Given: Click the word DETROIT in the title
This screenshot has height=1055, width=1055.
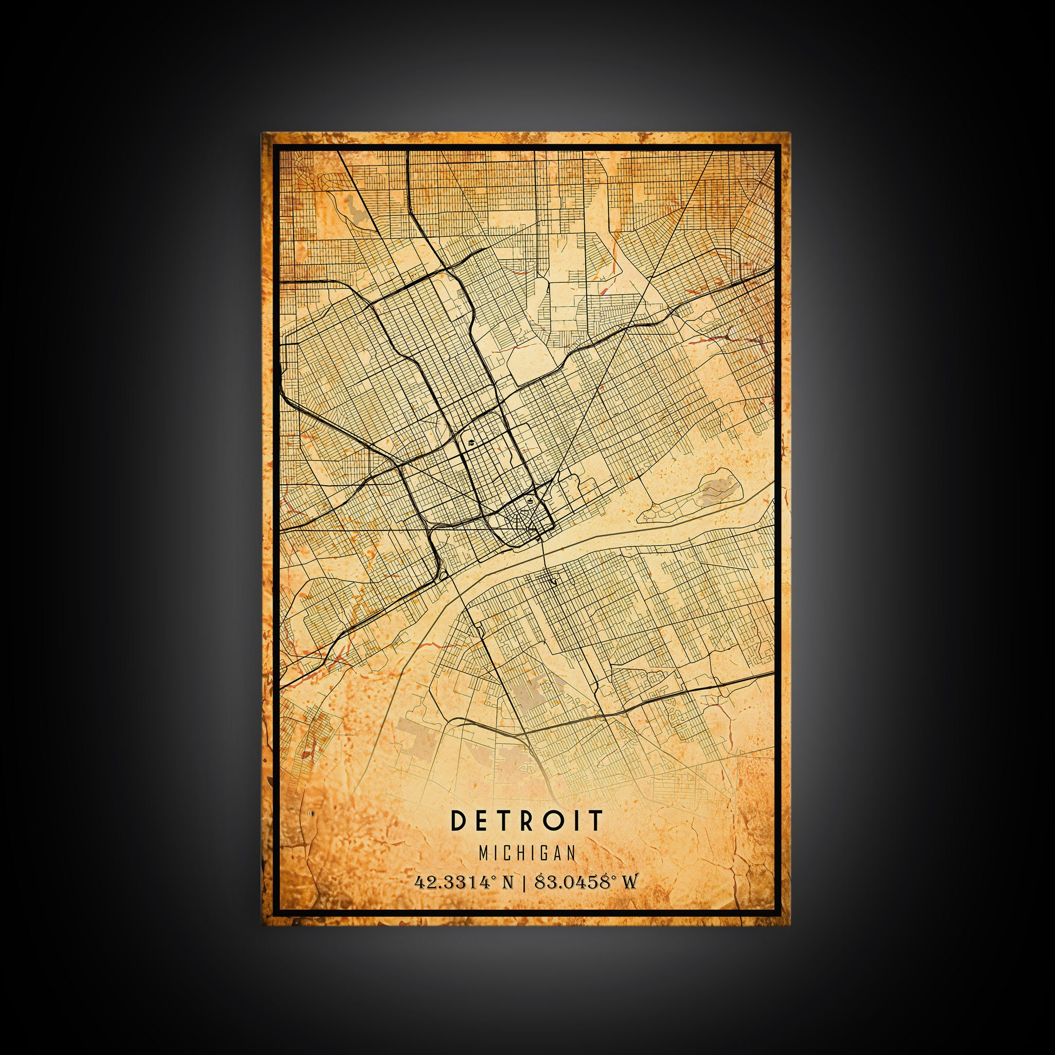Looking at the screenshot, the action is click(527, 820).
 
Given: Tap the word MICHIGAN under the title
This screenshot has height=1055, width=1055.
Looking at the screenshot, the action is click(527, 853).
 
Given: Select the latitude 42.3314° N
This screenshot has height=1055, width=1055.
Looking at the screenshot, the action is click(464, 882).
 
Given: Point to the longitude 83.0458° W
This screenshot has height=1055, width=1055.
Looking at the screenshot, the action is click(585, 882).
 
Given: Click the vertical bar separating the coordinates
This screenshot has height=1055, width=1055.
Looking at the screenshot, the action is click(524, 882).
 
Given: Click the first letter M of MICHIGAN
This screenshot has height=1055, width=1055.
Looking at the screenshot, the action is click(483, 853).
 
